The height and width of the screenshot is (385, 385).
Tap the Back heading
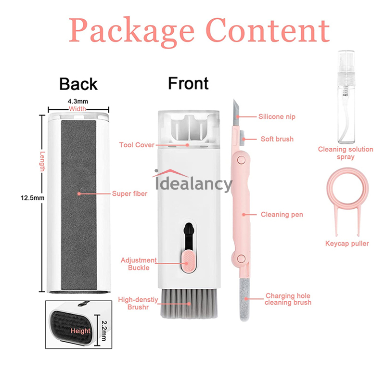pos(78,84)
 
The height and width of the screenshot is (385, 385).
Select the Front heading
pos(188,83)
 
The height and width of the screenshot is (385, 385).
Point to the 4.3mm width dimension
pos(78,101)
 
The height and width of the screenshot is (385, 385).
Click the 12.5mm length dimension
pos(32,198)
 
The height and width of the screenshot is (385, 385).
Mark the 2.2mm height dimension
pos(104,331)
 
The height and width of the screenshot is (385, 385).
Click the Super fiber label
pos(129,194)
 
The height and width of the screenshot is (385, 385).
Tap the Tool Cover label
pos(137,145)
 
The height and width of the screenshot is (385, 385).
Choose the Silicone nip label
pos(277,116)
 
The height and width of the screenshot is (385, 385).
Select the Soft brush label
pos(277,139)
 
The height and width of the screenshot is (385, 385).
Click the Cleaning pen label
pos(282,215)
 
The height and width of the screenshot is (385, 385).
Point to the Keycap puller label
pos(347,244)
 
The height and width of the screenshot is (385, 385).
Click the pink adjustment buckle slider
pos(188,261)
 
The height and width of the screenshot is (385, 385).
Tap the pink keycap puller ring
pos(347,188)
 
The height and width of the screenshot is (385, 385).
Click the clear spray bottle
pos(346,97)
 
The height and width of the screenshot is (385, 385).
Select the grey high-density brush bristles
pos(189,304)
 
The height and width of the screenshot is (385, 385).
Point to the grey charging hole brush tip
pos(244,299)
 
